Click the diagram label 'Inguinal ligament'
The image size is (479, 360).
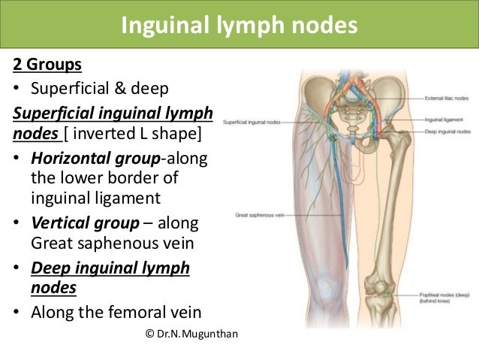(444, 119)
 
